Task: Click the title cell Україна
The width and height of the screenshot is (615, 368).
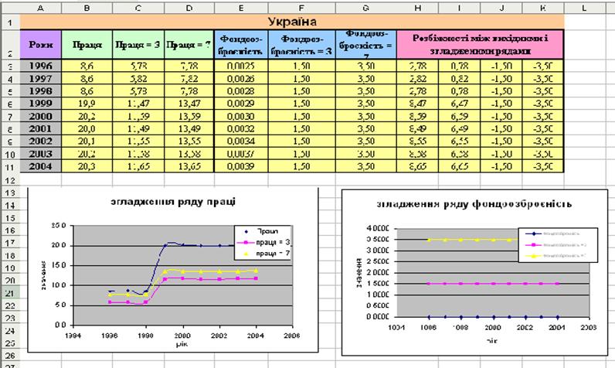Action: (x=292, y=21)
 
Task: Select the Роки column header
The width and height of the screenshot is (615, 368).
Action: (x=41, y=45)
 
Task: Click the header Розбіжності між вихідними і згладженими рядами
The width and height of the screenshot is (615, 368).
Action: (x=481, y=45)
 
